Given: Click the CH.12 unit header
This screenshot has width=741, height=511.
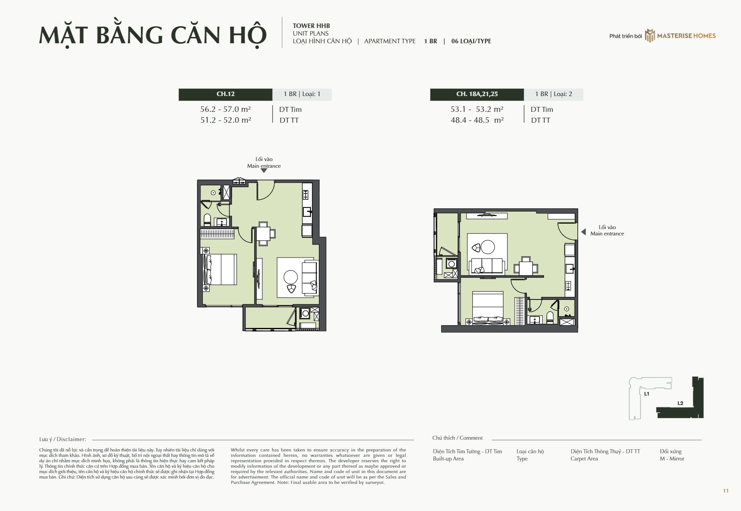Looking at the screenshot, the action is pyautogui.click(x=225, y=94).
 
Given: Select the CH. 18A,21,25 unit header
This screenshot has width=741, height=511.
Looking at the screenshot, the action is pyautogui.click(x=477, y=94).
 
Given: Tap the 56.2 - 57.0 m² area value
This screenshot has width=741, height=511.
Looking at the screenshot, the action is pyautogui.click(x=225, y=109).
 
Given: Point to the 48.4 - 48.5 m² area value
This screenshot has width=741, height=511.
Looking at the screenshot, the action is pyautogui.click(x=477, y=120).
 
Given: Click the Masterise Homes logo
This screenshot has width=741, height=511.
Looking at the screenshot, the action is pyautogui.click(x=681, y=36).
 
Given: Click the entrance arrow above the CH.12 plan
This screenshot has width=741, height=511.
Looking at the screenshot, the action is pyautogui.click(x=264, y=170).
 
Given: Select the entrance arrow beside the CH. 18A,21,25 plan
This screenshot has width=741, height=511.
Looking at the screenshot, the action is pyautogui.click(x=584, y=232).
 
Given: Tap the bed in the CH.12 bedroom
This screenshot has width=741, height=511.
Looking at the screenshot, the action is pyautogui.click(x=220, y=269).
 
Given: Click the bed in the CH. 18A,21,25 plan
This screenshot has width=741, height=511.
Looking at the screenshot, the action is pyautogui.click(x=488, y=308).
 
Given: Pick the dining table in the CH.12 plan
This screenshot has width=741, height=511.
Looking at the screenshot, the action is pyautogui.click(x=263, y=234).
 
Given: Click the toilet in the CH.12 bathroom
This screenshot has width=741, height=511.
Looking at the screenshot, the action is pyautogui.click(x=207, y=220).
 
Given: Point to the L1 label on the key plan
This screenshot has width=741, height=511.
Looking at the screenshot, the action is pyautogui.click(x=646, y=394).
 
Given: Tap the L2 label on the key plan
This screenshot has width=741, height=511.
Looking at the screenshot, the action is pyautogui.click(x=680, y=403).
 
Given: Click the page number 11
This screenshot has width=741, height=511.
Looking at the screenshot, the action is pyautogui.click(x=726, y=491).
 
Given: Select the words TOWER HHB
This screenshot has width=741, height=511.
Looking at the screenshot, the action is pyautogui.click(x=311, y=26).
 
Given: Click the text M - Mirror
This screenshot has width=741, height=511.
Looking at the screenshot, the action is pyautogui.click(x=672, y=458).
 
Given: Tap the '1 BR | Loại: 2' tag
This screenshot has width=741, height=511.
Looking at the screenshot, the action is pyautogui.click(x=553, y=94).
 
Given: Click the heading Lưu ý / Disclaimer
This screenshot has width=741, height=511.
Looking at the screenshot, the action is pyautogui.click(x=63, y=439).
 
